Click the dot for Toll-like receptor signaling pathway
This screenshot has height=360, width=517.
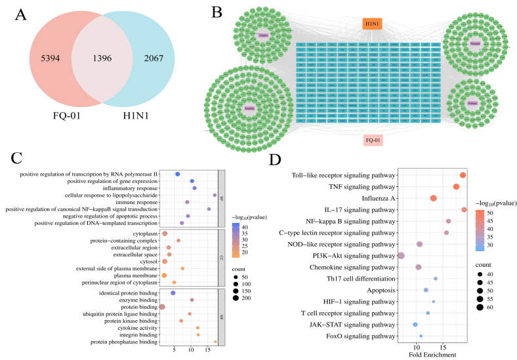(x=463, y=175)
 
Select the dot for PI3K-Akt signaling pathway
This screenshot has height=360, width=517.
(x=401, y=256)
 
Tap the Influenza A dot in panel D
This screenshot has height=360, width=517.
(x=434, y=198)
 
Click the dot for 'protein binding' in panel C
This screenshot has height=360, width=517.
(x=162, y=307)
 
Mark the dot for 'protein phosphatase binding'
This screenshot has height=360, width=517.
(x=216, y=342)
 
